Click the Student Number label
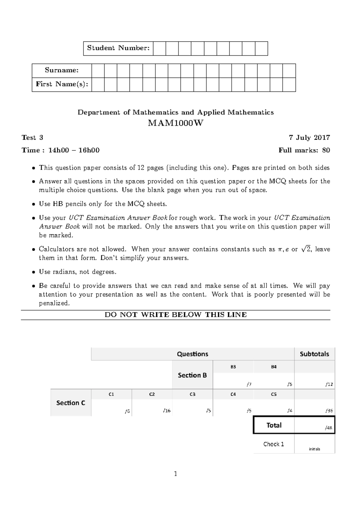tap(118, 48)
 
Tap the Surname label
tap(61, 70)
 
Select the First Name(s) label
tap(62, 84)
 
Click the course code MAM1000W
tap(175, 123)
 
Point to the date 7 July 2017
tap(309, 138)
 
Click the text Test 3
tap(32, 138)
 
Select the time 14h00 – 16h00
tap(74, 150)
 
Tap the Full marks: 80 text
tap(304, 150)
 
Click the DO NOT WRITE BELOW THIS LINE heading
tap(175, 315)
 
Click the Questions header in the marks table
tap(192, 354)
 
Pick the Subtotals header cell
tap(314, 354)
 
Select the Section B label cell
tap(192, 375)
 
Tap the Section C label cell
tap(71, 403)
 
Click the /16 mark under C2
tap(167, 411)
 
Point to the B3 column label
tap(233, 367)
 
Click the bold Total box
tap(274, 425)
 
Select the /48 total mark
tap(329, 428)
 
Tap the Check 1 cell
tap(274, 444)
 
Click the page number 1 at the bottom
tap(175, 474)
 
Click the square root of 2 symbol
tap(306, 249)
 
